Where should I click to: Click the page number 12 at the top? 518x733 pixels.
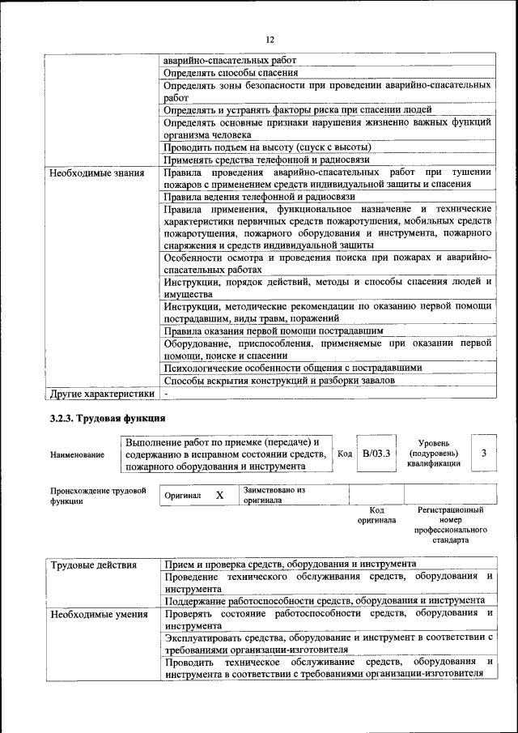click(x=270, y=40)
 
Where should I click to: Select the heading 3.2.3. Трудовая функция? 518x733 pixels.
click(x=108, y=418)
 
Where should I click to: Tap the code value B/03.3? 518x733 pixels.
click(x=376, y=454)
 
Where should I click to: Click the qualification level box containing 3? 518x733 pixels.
click(x=483, y=454)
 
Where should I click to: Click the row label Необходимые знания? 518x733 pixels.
click(x=96, y=173)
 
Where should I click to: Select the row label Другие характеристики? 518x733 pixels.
click(x=101, y=394)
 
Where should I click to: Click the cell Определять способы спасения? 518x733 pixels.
click(x=225, y=73)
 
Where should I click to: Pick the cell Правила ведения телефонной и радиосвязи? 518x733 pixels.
click(x=259, y=197)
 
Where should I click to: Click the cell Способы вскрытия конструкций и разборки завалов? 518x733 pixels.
click(x=279, y=380)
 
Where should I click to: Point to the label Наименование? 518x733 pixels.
click(x=77, y=455)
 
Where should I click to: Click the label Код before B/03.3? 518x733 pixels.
click(x=344, y=454)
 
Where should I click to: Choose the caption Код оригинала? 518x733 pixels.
click(x=376, y=515)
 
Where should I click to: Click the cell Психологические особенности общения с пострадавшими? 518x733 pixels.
click(x=292, y=367)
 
